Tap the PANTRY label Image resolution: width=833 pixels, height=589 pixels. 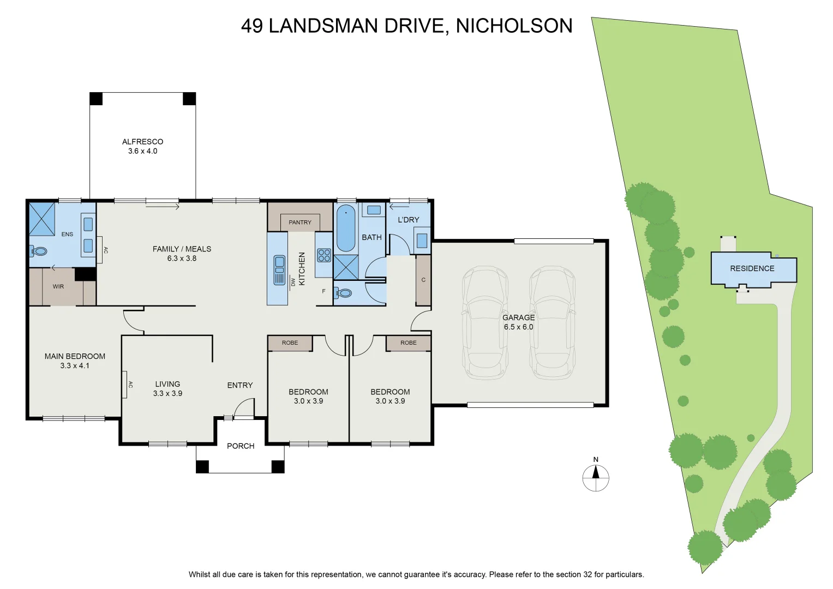pos(299,223)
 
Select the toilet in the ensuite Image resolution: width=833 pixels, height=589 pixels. pos(38,251)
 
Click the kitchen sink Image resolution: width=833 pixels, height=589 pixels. pos(279,270)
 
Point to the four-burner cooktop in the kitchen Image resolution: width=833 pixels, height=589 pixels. pos(324,255)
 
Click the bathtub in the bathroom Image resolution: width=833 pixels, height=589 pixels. pos(346,228)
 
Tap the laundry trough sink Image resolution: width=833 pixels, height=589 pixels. pos(422,240)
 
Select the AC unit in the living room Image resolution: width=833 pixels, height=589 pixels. pos(124,384)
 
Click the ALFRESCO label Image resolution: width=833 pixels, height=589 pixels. pos(143,142)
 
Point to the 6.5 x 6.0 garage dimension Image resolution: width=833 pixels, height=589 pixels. pos(518,327)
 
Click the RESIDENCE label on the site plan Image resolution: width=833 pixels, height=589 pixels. pos(752,268)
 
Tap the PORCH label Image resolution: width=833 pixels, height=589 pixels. pos(241,446)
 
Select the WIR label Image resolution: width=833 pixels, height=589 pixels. pos(58,286)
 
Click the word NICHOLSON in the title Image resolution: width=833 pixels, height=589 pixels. pos(514,26)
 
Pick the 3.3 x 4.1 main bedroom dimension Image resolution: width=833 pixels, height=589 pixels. pos(75,365)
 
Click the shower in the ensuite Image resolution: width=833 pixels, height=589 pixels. pos(42,219)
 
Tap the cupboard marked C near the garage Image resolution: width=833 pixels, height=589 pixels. pos(423,280)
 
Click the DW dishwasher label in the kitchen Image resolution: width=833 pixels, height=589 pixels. pos(293,281)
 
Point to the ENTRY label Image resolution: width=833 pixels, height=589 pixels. pos(240,385)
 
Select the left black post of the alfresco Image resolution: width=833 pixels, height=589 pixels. pos(96,99)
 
